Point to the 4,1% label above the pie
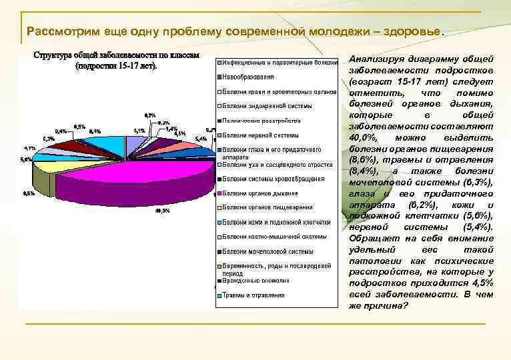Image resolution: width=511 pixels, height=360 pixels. point(139,131)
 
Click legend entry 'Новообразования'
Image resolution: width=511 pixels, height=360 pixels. point(247,77)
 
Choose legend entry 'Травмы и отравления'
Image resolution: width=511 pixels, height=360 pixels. point(253,295)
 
